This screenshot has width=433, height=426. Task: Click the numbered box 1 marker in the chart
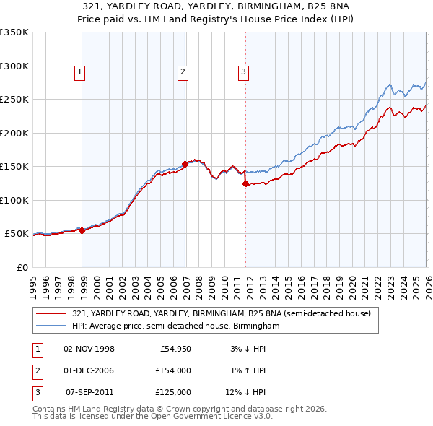tap(79, 71)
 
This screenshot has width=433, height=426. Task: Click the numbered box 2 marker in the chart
tap(183, 71)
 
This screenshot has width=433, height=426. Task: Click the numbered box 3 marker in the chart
tap(244, 71)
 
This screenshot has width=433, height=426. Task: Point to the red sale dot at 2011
tap(245, 183)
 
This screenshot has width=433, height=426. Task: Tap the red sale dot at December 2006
tap(185, 164)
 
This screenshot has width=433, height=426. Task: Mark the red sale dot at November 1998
tap(82, 230)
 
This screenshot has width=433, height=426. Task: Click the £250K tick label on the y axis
tap(14, 100)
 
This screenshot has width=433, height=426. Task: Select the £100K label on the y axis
tap(14, 200)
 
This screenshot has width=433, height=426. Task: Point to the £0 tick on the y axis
tap(22, 267)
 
